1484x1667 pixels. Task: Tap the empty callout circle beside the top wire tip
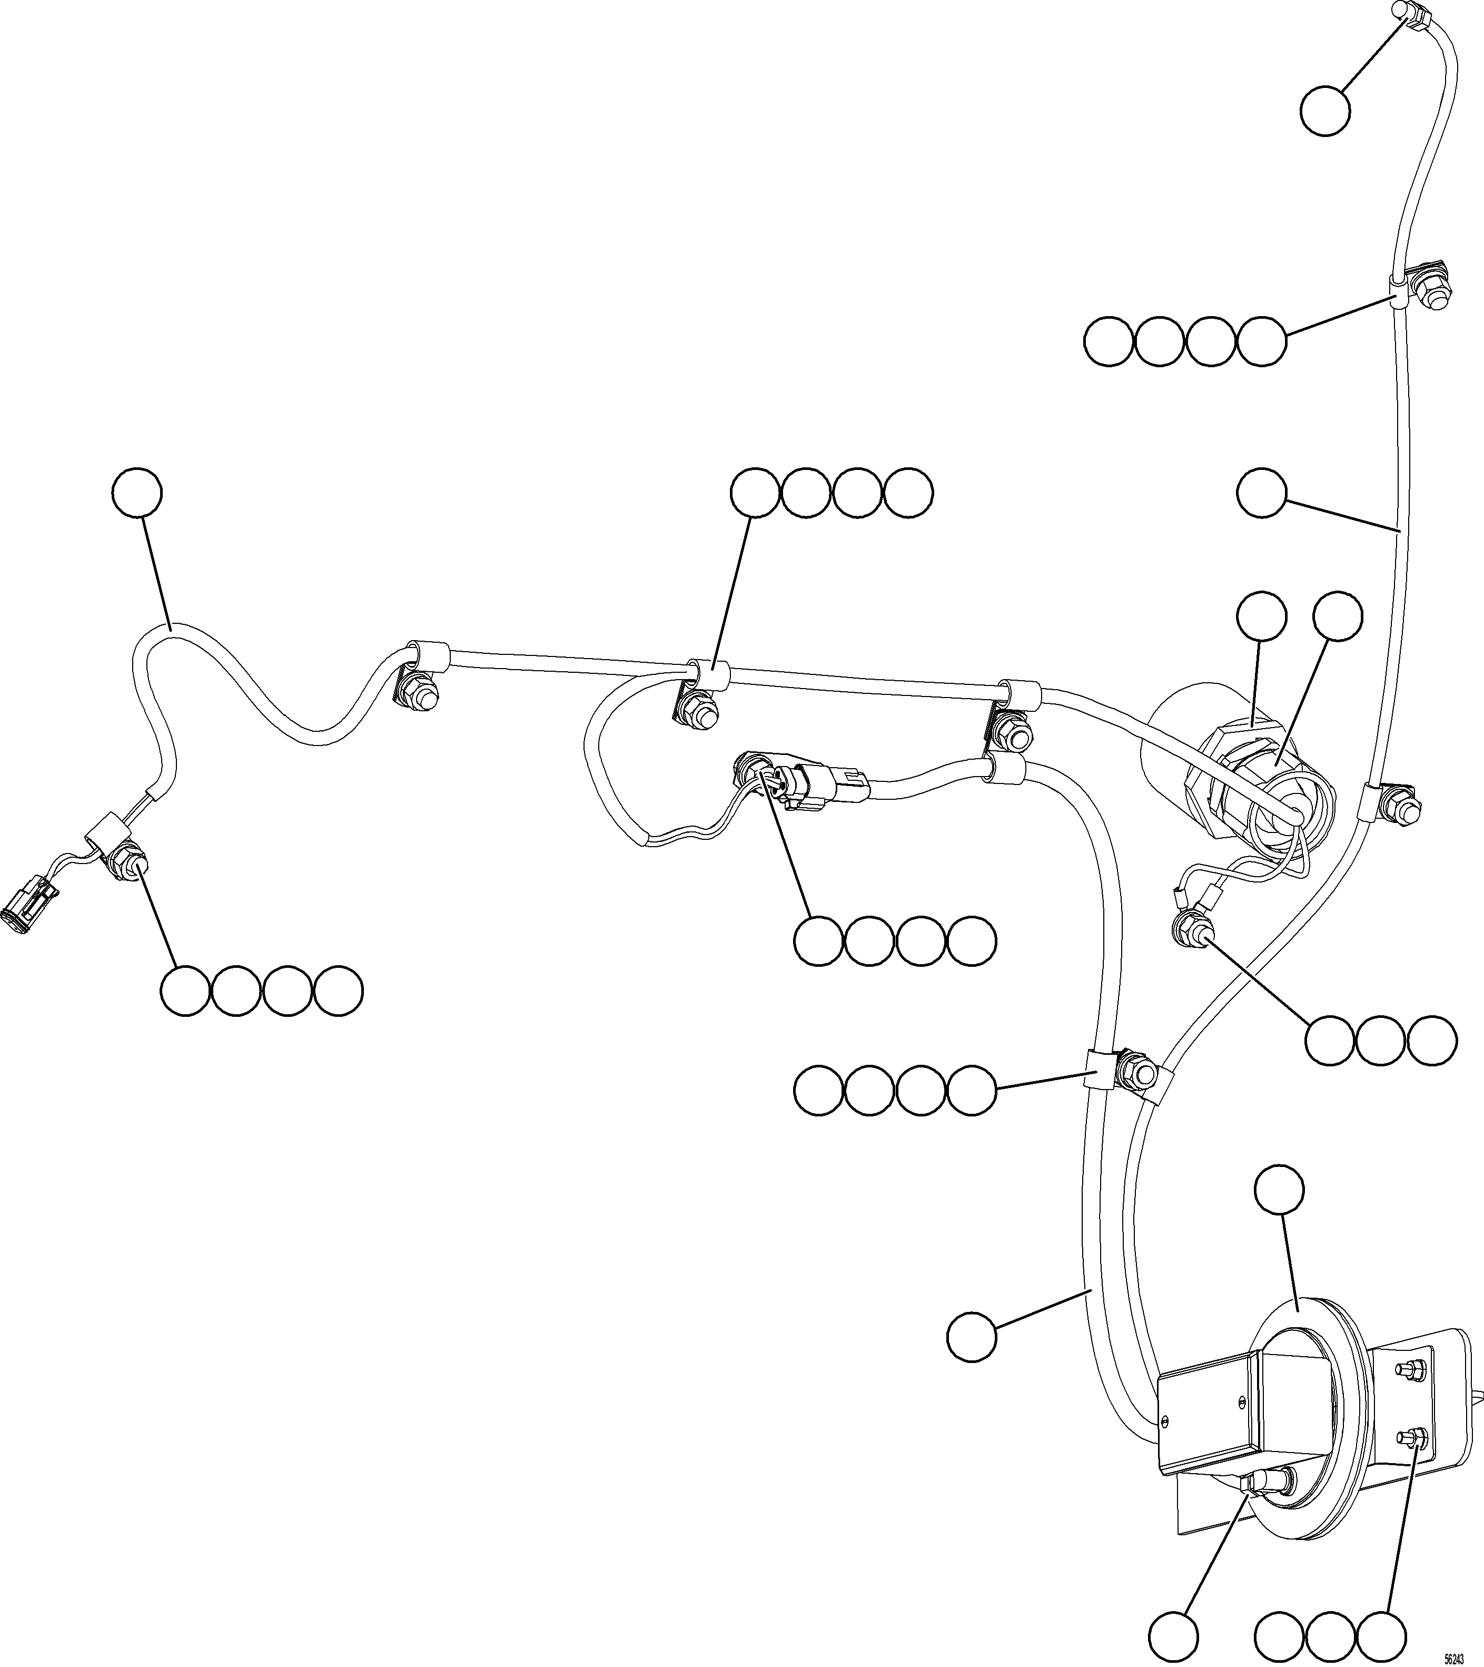pyautogui.click(x=1324, y=113)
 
